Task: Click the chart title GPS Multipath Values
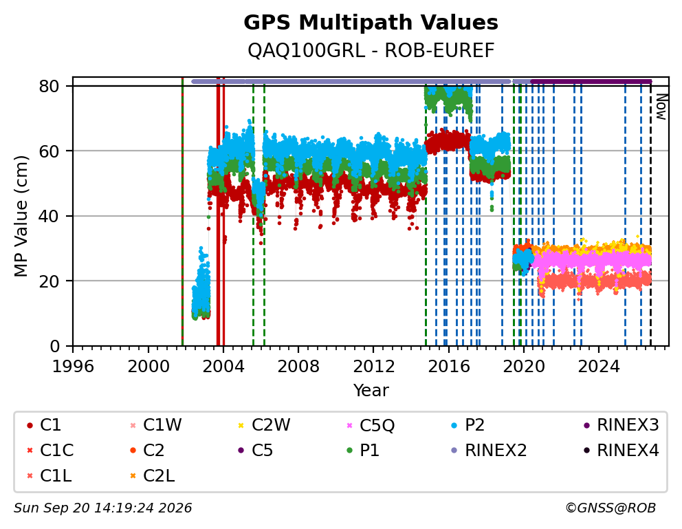point(371,23)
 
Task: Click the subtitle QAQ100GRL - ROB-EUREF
point(371,51)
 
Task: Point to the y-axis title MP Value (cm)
point(21,216)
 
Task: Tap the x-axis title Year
point(371,390)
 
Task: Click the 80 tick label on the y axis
point(49,86)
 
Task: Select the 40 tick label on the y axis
point(49,216)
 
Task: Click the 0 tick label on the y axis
point(55,346)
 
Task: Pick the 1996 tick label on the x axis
point(73,366)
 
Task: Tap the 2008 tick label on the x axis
point(298,366)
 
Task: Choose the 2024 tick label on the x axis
point(599,366)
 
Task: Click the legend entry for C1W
point(156,424)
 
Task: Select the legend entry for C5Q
point(371,425)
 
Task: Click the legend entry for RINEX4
point(621,451)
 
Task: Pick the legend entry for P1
point(363,451)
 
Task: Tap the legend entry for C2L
point(153,476)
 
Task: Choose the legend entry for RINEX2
point(489,451)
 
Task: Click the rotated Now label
point(661,107)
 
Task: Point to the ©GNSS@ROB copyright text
point(610,508)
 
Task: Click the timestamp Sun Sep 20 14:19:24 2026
point(102,508)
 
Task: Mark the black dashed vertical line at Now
point(650,214)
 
